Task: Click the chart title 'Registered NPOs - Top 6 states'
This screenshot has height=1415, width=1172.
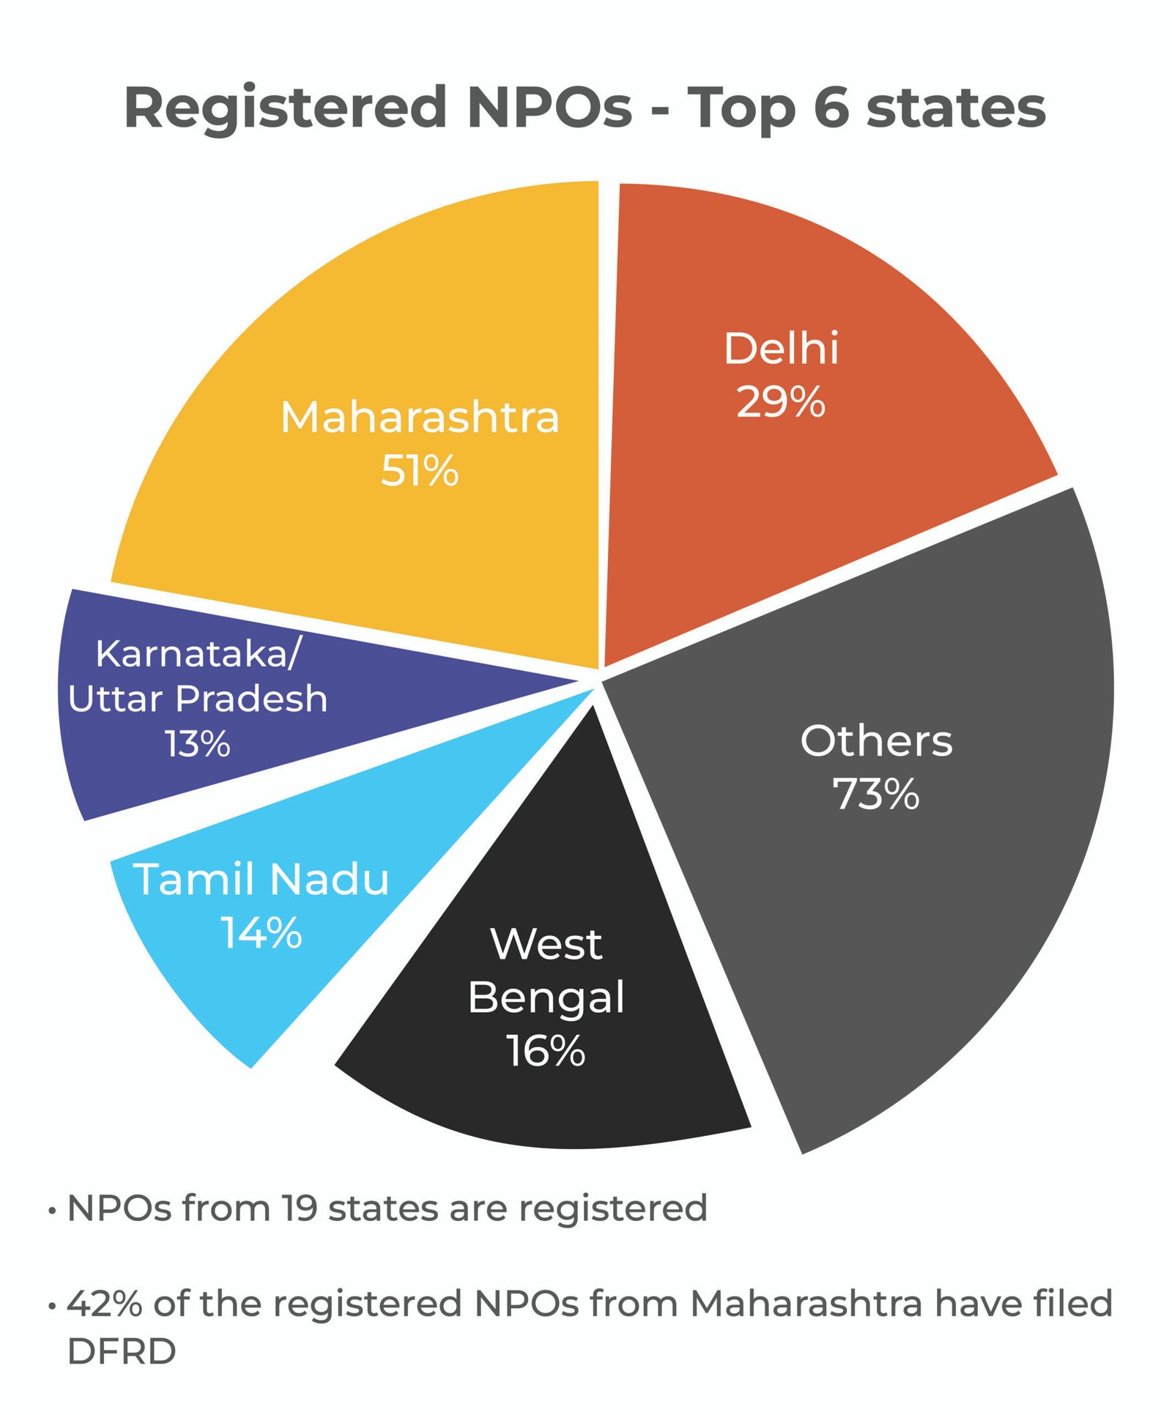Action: [585, 108]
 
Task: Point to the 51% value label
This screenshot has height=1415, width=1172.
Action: [420, 470]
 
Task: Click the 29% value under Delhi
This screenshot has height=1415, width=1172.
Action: [781, 402]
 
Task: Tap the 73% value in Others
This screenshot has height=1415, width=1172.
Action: [876, 794]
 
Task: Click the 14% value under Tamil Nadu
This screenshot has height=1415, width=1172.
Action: [262, 932]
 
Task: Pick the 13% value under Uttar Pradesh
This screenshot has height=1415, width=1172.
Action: [198, 743]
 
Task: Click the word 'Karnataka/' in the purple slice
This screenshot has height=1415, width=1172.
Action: [198, 653]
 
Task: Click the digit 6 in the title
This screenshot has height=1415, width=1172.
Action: [831, 108]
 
